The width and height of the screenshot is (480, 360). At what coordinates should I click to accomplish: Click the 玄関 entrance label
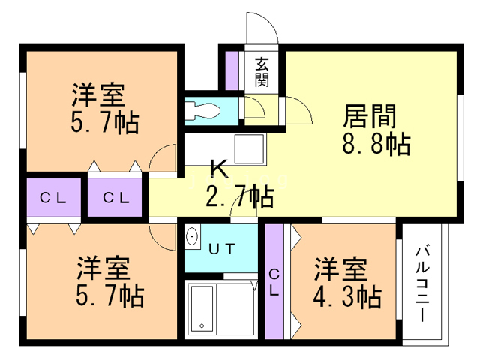point(262,72)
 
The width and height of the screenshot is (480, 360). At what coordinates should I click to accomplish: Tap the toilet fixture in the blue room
point(202,111)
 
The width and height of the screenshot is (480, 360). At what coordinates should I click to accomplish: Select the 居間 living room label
point(370,116)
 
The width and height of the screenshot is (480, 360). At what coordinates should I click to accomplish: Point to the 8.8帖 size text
point(376,144)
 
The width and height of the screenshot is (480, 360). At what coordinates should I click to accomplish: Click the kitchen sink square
point(249,149)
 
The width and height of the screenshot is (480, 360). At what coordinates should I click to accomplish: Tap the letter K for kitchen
point(219,169)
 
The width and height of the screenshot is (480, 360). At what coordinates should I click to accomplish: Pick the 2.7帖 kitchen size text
point(240,196)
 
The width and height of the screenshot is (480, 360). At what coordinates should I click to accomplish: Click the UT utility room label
point(222,248)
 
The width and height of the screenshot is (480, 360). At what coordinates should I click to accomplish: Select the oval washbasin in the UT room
point(192,236)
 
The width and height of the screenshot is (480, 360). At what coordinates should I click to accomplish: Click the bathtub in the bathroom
point(202,308)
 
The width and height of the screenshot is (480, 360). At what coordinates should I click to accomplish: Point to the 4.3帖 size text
point(347,297)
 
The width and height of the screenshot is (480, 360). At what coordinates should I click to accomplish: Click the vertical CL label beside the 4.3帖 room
point(274,282)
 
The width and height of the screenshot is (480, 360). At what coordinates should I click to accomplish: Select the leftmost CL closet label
point(53,198)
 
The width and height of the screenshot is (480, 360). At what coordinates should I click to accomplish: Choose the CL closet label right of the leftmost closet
point(116,198)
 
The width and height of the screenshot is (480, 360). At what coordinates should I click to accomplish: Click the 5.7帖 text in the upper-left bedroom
point(105,122)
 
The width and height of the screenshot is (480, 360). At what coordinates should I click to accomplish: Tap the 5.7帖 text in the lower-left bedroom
point(110,295)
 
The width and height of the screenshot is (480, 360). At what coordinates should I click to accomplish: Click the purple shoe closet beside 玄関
point(232,70)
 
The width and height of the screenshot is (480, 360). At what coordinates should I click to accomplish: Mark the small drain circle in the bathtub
point(202,325)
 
